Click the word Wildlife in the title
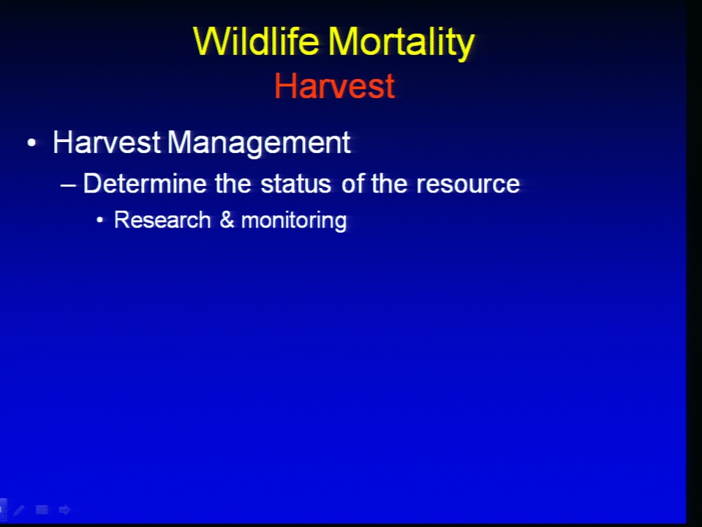[x=256, y=41]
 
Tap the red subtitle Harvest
[x=334, y=86]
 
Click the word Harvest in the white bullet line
[x=107, y=143]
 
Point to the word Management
[x=259, y=144]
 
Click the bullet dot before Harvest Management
[x=31, y=143]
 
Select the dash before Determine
[x=68, y=184]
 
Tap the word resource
[x=468, y=184]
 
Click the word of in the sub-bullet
[x=352, y=184]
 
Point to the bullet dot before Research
[x=100, y=220]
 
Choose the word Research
[x=162, y=220]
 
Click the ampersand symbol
[x=227, y=220]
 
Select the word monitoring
[x=294, y=221]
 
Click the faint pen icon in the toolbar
[x=19, y=509]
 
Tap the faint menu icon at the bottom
[x=42, y=509]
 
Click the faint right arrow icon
[x=64, y=509]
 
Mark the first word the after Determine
[x=233, y=184]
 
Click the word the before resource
[x=389, y=184]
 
